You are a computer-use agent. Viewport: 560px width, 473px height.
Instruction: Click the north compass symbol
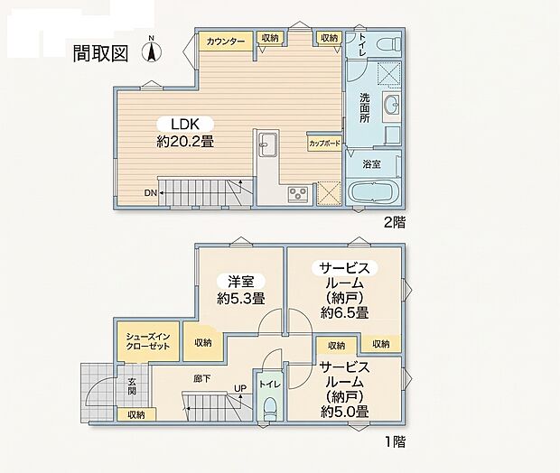(x=152, y=50)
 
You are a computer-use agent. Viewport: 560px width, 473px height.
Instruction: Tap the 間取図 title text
(x=100, y=53)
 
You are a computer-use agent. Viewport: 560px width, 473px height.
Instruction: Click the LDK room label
(x=184, y=124)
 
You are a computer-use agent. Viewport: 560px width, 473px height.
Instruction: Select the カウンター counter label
(x=226, y=42)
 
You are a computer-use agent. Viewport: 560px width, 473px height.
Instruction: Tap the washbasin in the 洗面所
(x=392, y=104)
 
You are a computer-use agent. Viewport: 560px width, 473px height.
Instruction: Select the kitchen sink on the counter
(x=266, y=144)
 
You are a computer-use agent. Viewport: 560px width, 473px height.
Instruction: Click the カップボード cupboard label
(x=324, y=144)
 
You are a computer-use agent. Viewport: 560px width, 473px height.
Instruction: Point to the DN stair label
(x=150, y=193)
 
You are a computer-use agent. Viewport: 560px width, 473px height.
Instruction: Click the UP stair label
(x=240, y=388)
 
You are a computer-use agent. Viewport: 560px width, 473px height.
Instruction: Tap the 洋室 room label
(x=241, y=282)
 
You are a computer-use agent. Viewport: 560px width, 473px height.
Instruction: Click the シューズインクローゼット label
(x=148, y=341)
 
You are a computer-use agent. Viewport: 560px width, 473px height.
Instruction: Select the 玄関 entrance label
(x=132, y=386)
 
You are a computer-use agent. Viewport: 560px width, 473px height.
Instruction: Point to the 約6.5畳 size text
(x=345, y=312)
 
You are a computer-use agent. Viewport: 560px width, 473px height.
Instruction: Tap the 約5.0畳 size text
(x=345, y=412)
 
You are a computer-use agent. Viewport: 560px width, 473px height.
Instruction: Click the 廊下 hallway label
(x=202, y=379)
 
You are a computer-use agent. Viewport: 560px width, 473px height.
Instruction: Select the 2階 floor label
(x=395, y=223)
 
